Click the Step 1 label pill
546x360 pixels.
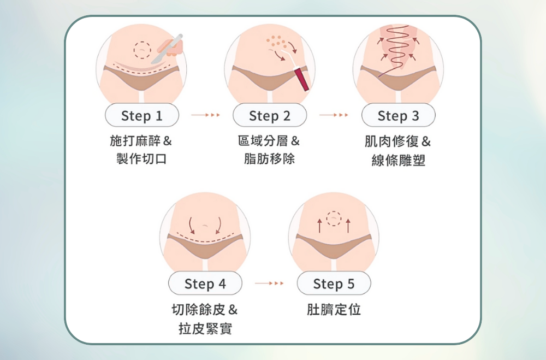(142, 115)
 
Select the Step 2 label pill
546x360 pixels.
(270, 115)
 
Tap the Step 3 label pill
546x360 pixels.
(399, 115)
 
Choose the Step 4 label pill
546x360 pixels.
(205, 284)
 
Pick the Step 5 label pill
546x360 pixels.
(334, 284)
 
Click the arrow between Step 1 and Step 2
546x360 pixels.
(205, 115)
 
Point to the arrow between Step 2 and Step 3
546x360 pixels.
(334, 115)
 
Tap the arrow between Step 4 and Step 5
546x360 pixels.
(269, 284)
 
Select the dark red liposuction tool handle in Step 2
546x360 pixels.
(301, 80)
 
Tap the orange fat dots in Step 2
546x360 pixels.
(276, 42)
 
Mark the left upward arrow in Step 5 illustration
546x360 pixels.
(319, 226)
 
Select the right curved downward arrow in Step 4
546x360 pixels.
(219, 226)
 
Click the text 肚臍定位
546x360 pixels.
(334, 309)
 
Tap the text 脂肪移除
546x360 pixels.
(270, 158)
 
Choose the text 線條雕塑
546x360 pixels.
(399, 160)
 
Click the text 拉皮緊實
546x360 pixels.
(205, 328)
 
